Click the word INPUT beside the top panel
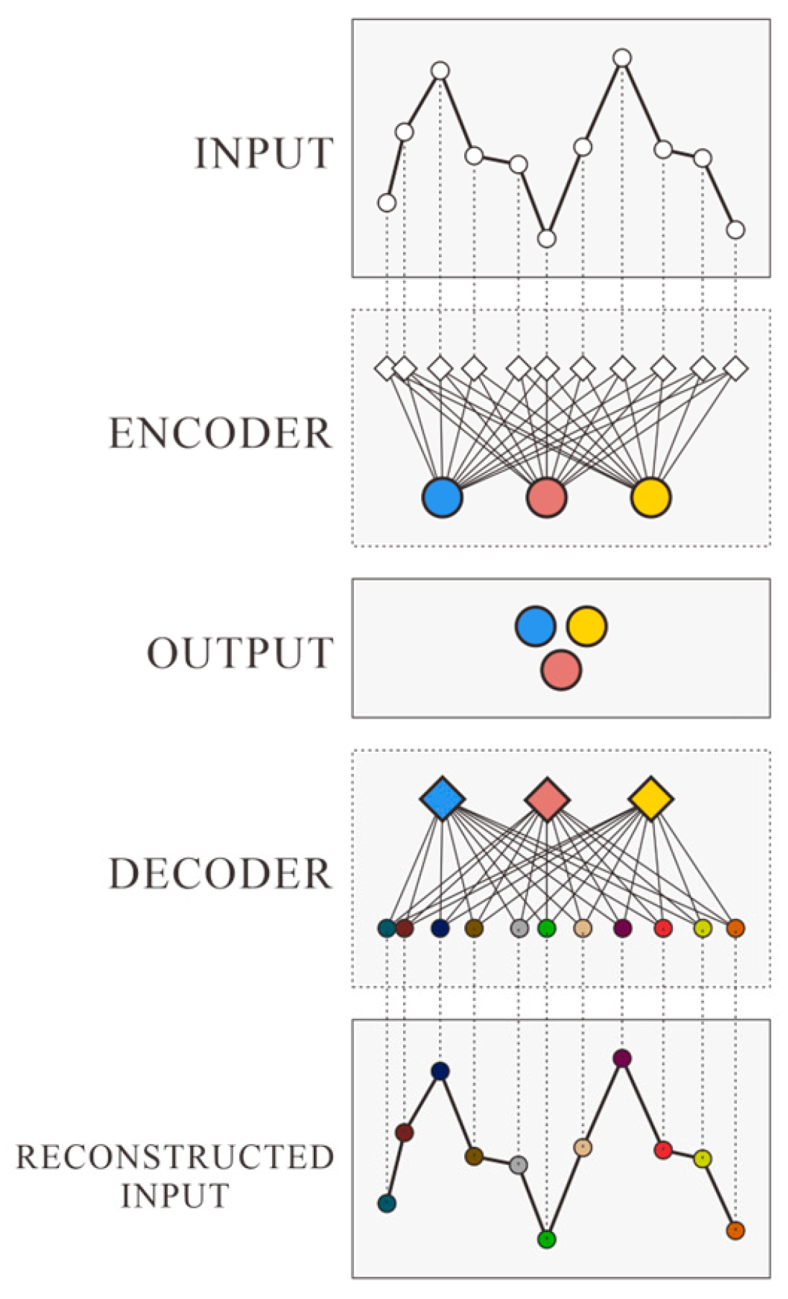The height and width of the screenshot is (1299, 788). (264, 153)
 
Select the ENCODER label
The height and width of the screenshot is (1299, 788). (220, 433)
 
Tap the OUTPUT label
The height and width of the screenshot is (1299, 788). (240, 653)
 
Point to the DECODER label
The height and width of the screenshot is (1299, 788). (220, 873)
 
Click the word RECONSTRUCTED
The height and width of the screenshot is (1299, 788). (175, 1157)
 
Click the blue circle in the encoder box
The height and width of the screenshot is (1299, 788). (442, 497)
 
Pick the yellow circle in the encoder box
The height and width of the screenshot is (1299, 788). (651, 497)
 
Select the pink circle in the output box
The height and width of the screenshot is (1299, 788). (561, 670)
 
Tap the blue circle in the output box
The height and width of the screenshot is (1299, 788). (535, 626)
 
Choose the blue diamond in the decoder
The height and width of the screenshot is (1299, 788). (442, 799)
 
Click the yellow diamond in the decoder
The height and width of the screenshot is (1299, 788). (651, 799)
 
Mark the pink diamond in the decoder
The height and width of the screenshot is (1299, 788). (547, 799)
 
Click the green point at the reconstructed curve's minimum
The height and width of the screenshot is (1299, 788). (547, 1239)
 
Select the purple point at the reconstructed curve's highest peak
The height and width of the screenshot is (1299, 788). (622, 1058)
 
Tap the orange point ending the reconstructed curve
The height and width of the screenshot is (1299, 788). (735, 1231)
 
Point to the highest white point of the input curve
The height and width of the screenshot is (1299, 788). (622, 58)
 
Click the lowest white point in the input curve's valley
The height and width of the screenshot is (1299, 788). (547, 238)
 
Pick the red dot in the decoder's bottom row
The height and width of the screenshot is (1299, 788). (663, 928)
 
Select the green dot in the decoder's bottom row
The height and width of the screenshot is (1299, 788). (547, 928)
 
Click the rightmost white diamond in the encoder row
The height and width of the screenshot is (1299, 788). (735, 368)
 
